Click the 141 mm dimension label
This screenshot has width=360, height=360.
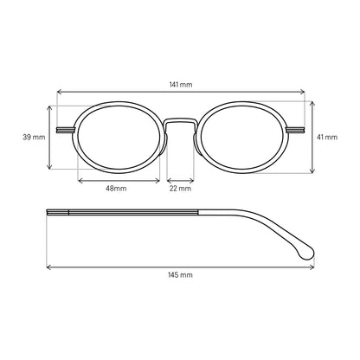click(181, 85)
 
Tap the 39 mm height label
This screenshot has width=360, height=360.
click(34, 137)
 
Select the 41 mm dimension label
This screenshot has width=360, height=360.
click(327, 137)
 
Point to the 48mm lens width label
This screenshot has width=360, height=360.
click(116, 189)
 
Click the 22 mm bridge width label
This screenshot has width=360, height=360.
click(180, 189)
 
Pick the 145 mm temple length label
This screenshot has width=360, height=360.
click(180, 274)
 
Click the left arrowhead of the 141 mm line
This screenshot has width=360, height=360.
click(59, 92)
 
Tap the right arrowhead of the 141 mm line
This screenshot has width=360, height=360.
click(303, 92)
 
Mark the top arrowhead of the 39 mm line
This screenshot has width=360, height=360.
click(50, 107)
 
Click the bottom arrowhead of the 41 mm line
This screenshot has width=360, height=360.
click(312, 171)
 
